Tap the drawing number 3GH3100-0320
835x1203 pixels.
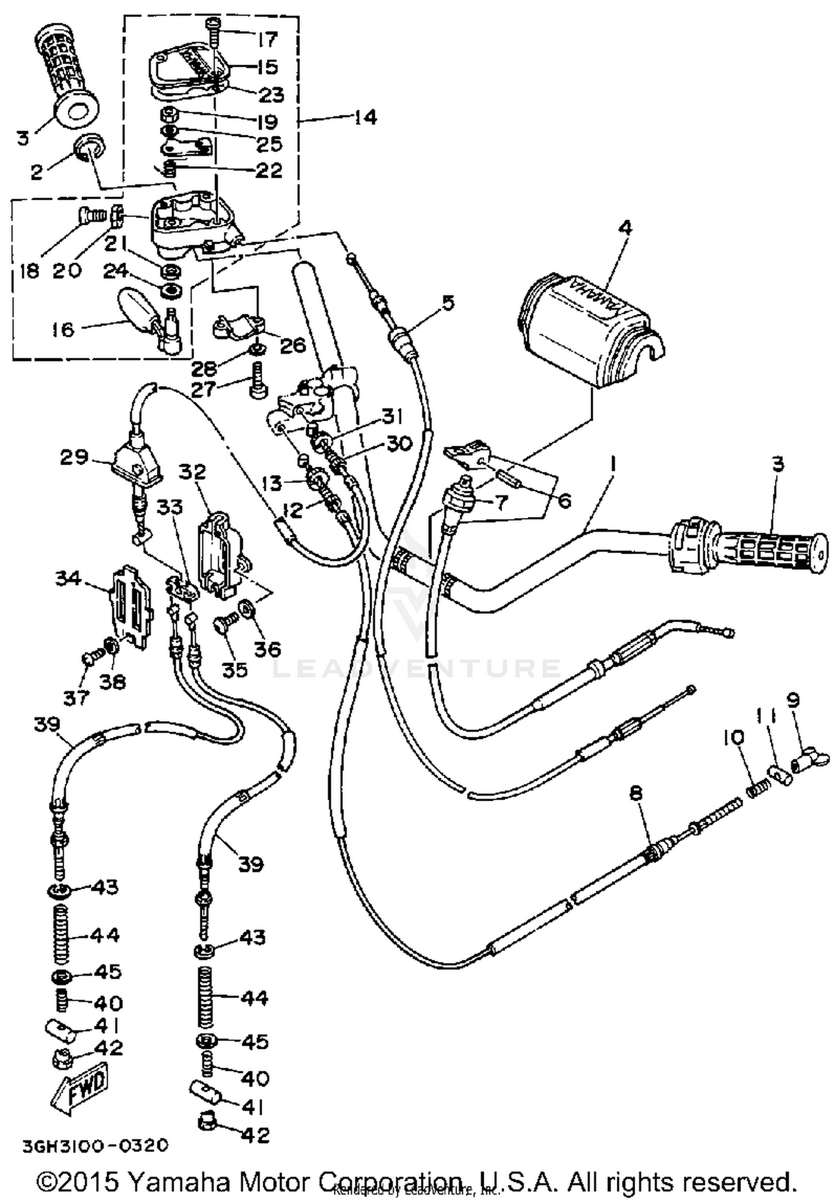pos(95,1146)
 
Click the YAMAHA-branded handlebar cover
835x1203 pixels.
pos(590,328)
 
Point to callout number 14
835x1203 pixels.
pos(365,117)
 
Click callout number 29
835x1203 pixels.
pos(75,457)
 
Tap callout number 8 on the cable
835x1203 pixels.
pos(636,793)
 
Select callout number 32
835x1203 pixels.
pos(193,472)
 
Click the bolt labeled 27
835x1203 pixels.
pos(257,379)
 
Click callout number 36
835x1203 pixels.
pos(267,649)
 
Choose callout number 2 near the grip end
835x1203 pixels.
pos(36,171)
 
